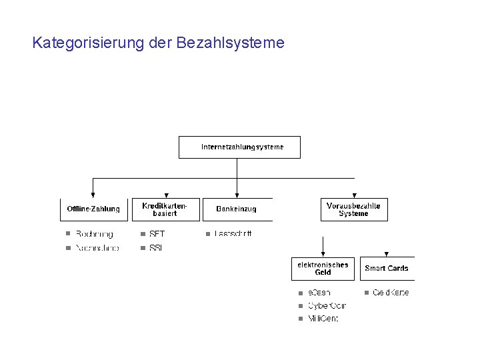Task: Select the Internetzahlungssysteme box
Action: pos(239,147)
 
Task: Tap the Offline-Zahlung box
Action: pos(93,209)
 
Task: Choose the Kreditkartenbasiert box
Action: pos(166,209)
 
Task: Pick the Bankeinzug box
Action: pos(237,209)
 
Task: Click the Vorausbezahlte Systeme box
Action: pos(353,209)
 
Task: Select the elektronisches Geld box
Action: pos(323,268)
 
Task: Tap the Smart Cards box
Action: pos(387,268)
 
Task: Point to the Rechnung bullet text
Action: pos(94,234)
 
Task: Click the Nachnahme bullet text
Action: pos(97,248)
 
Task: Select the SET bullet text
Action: pos(157,234)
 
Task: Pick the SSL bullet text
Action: pos(156,248)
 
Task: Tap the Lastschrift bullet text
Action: pos(233,234)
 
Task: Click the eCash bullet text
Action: pos(319,293)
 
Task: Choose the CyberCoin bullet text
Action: pos(327,306)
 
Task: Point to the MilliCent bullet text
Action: pos(323,319)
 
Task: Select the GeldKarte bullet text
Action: pos(391,293)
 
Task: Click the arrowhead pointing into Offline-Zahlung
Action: pos(93,194)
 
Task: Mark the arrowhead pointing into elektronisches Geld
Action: pos(323,253)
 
